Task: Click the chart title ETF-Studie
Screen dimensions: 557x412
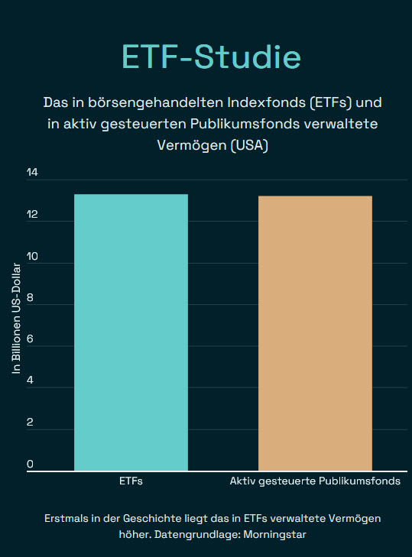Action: coord(211,57)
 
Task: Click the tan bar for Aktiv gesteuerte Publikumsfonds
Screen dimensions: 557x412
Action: coord(315,333)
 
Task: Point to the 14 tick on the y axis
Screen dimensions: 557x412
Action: coord(31,173)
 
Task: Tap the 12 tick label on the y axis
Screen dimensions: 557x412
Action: coord(31,215)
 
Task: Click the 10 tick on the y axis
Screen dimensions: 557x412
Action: coord(31,257)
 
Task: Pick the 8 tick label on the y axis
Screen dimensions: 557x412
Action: coord(31,298)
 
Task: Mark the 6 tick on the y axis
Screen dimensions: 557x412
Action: coord(31,340)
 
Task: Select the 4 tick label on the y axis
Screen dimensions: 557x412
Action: coord(31,381)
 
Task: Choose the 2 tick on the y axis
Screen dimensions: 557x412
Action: coord(31,423)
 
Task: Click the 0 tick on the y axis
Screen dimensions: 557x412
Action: coord(31,464)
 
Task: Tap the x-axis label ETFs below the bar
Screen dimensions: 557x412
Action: coord(131,482)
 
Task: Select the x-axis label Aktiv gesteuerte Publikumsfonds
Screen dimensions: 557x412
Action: coord(315,482)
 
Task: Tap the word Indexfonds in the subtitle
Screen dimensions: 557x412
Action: coord(246,102)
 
